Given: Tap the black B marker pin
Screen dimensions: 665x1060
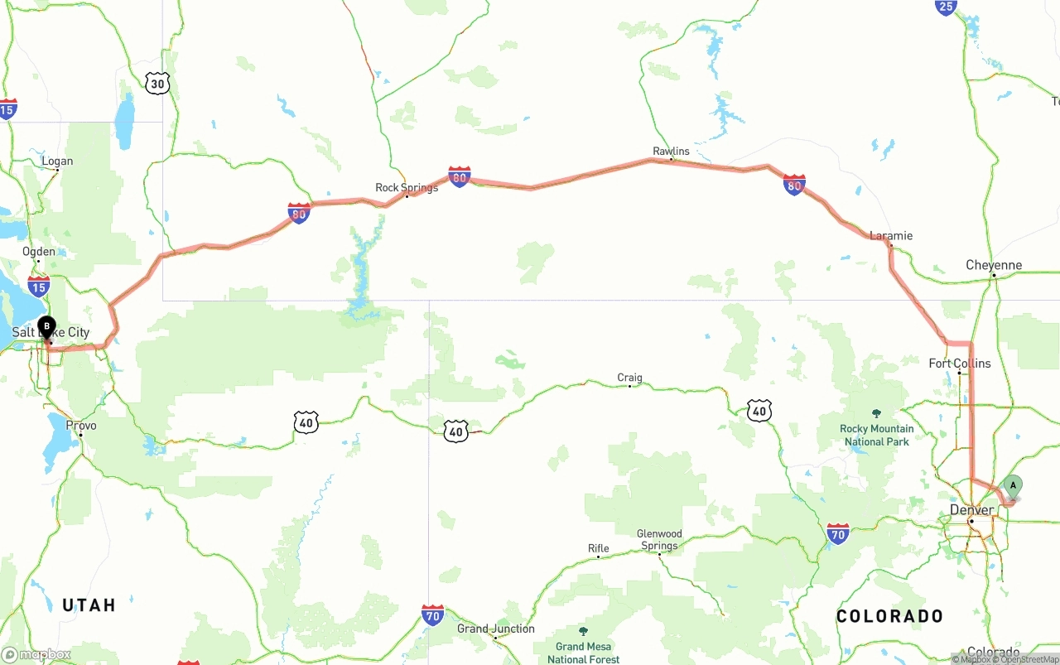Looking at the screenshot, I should pos(46,328).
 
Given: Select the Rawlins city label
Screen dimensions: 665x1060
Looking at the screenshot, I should pos(671,151).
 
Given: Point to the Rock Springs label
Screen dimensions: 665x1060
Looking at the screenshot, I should pos(407,188).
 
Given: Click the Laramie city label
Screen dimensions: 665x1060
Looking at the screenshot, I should pos(891,235).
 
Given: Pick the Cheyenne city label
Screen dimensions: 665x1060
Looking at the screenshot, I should pos(994,265).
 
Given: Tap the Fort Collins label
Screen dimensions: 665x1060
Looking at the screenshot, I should pos(959,363).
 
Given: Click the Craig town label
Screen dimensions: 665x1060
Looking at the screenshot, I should pos(629,378).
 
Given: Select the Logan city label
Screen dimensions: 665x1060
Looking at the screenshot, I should pos(56,161).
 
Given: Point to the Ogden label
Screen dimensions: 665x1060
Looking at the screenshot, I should pos(39,252).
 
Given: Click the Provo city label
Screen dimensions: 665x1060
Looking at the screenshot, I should pos(81,426).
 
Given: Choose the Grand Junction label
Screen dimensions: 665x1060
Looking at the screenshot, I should pos(495,629).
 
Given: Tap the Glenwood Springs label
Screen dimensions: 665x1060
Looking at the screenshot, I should pos(659,539).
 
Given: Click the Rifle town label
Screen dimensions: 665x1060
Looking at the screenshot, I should pos(598,548).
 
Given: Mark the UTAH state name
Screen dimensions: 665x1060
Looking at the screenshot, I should pos(89,605).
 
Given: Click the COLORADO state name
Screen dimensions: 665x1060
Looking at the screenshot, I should pos(889,616).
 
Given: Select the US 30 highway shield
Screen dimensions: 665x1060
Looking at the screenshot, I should pos(157,83).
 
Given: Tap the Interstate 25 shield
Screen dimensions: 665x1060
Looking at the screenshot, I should pos(946,7).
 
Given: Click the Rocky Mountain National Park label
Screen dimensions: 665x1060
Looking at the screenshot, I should pos(877,435).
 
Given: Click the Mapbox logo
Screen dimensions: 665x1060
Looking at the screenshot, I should pos(36,654).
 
